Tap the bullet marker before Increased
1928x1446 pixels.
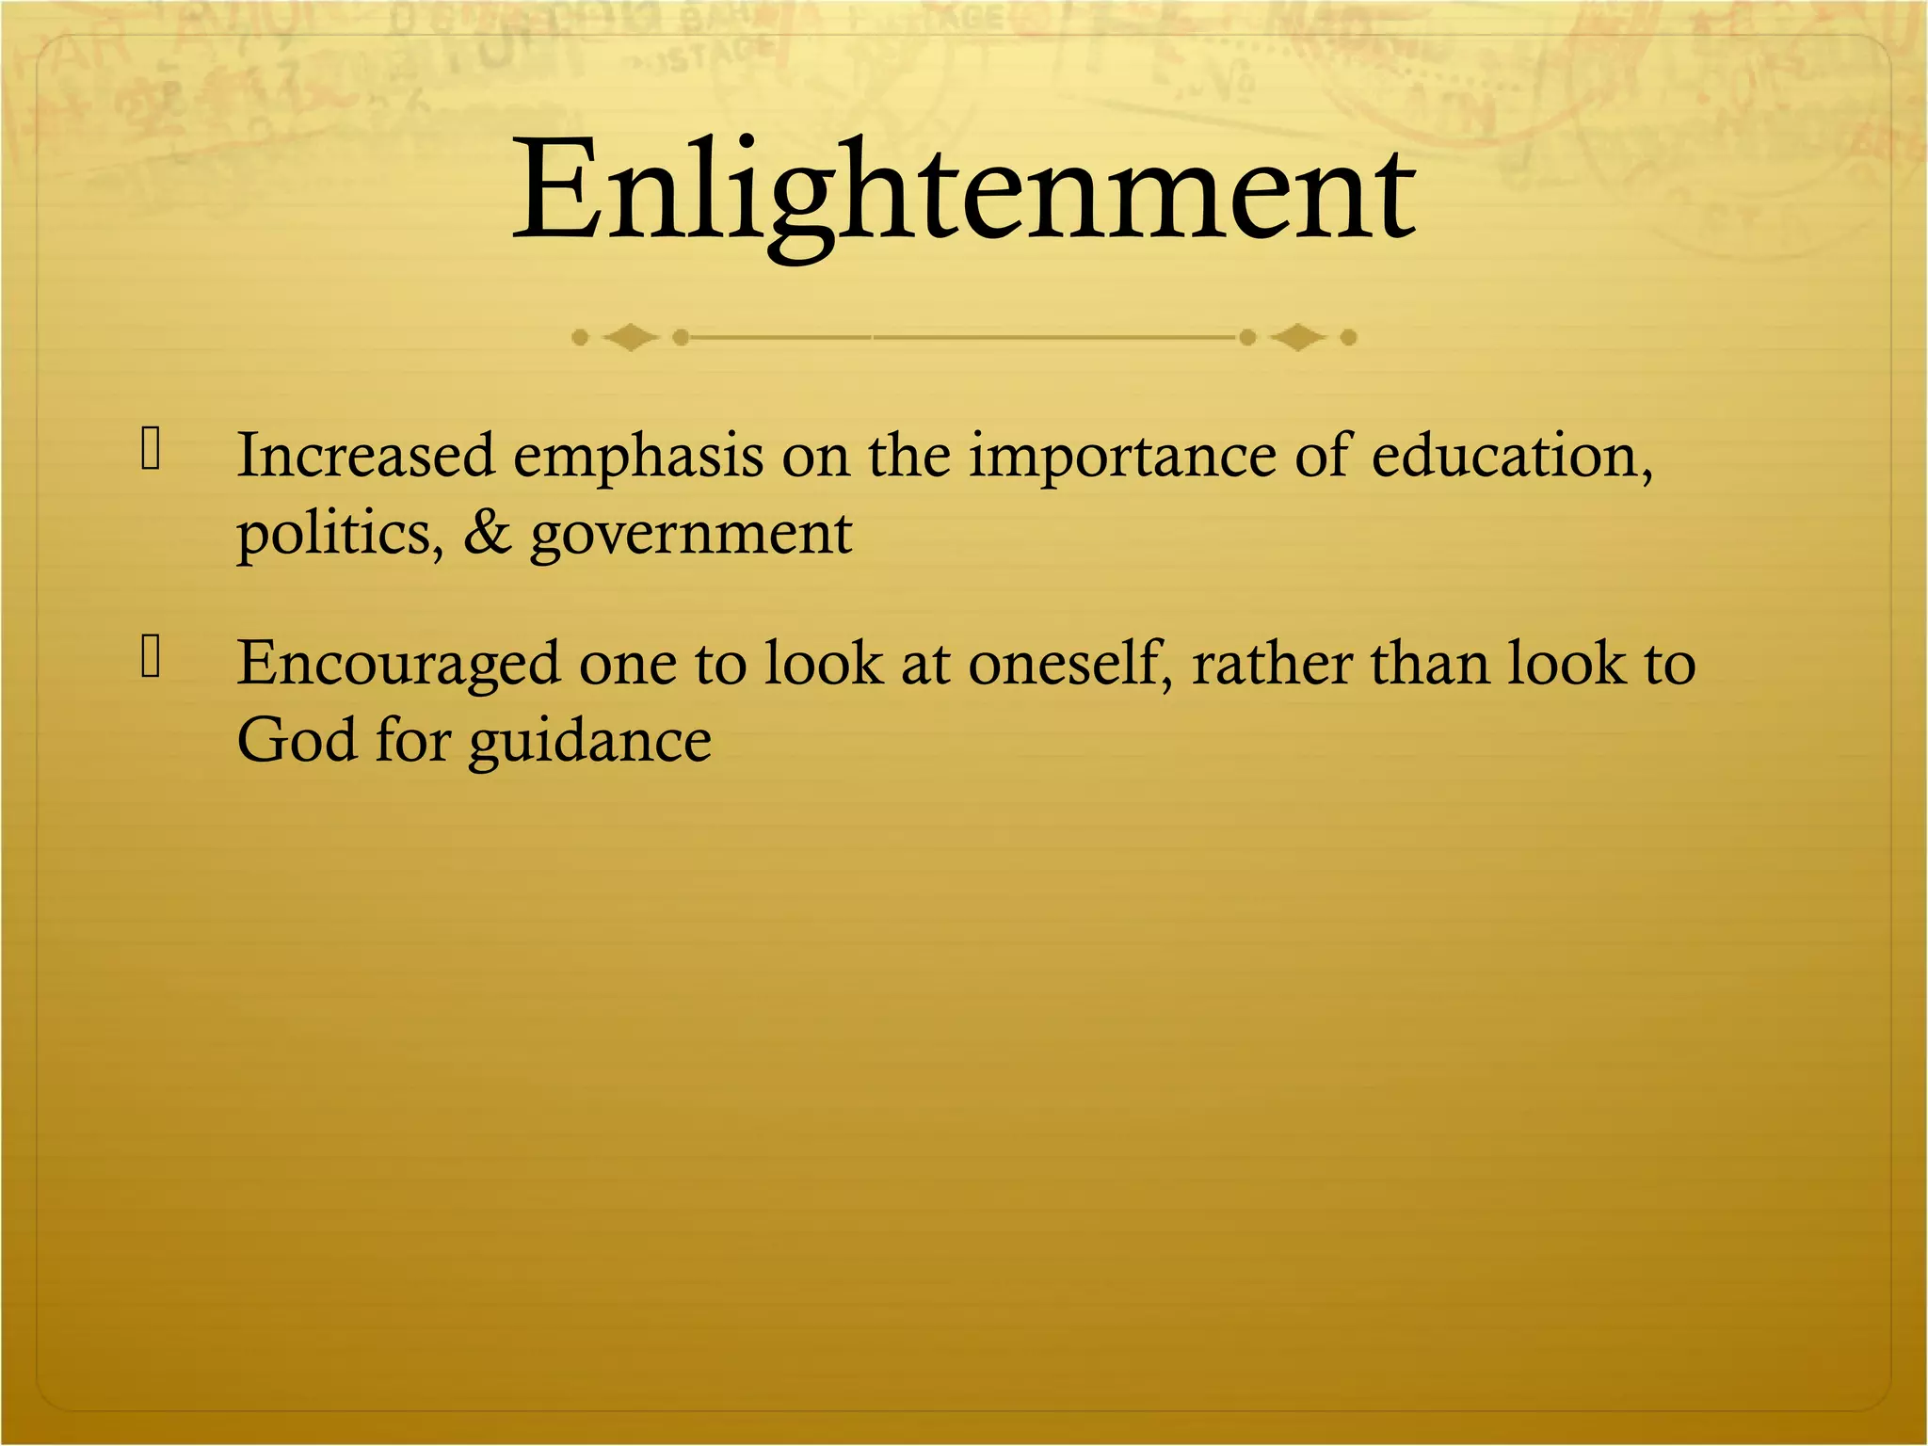(x=151, y=449)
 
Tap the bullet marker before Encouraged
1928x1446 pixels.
(x=151, y=657)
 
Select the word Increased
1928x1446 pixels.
(x=365, y=456)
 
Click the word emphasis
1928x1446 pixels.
(x=637, y=458)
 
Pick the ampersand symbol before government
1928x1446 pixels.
(x=487, y=533)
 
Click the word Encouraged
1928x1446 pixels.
(x=397, y=666)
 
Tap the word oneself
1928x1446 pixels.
(x=1070, y=664)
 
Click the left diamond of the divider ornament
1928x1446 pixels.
(x=630, y=336)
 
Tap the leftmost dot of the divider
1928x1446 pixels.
(x=580, y=336)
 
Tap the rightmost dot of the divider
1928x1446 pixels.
(x=1348, y=336)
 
